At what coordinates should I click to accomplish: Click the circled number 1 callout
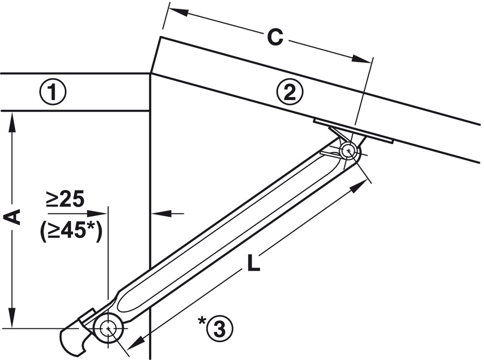coord(52,92)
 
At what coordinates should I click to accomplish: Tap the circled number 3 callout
coord(220,329)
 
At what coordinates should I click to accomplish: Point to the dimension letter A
coord(12,217)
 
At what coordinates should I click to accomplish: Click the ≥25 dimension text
coord(66,199)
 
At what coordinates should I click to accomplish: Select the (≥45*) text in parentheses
coord(70,231)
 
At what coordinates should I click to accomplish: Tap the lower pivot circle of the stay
coord(108,328)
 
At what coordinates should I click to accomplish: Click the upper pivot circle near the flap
coord(349,151)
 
